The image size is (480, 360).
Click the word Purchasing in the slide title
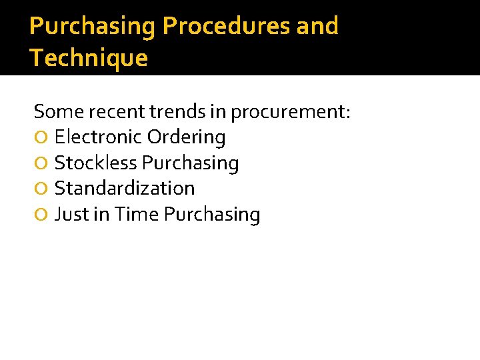coord(93,27)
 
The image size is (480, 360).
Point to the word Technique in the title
coord(89,59)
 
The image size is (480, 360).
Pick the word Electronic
coord(98,137)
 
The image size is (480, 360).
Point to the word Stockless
coord(96,163)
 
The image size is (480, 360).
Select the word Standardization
coord(125,189)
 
